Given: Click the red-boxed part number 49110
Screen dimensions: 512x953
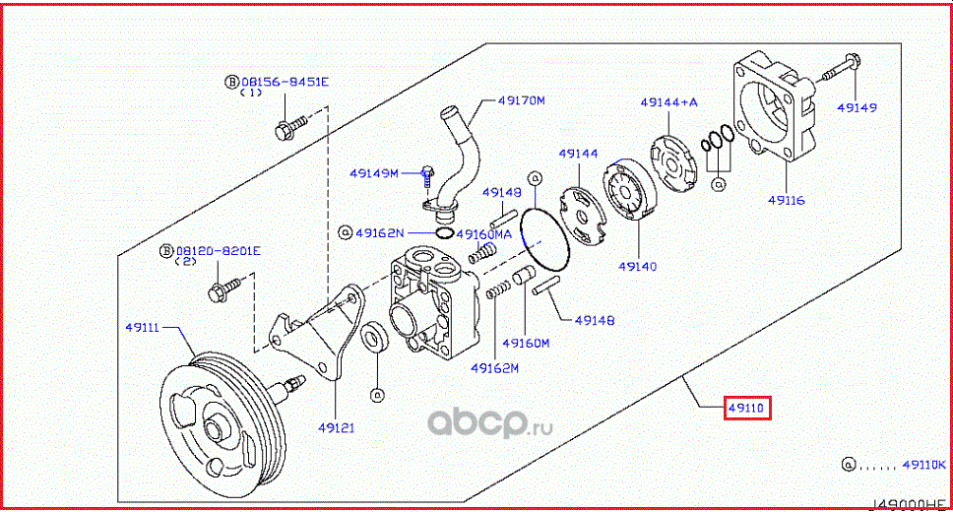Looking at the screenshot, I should tap(747, 407).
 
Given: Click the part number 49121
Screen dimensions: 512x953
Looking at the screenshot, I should tap(335, 427).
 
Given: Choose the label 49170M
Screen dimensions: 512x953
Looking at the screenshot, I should tap(521, 100).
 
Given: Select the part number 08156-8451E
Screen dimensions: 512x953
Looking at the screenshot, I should tap(286, 83).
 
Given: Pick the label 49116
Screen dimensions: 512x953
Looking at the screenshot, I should tap(786, 200).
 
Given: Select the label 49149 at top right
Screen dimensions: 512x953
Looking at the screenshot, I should tap(857, 106).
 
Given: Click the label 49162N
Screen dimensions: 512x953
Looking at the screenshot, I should tap(380, 233).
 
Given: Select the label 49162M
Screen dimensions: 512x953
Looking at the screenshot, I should tap(494, 368).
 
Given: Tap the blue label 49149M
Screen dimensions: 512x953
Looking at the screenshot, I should tap(373, 174).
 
